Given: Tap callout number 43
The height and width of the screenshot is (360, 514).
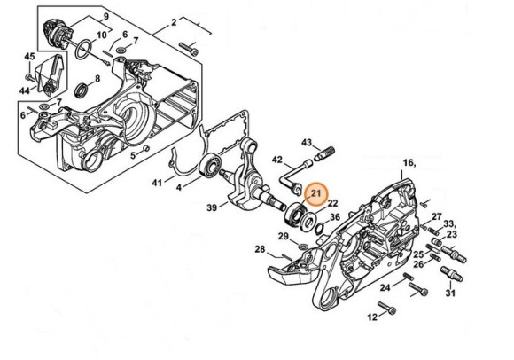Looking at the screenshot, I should (x=307, y=143).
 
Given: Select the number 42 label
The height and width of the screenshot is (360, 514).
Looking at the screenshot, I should (x=276, y=160).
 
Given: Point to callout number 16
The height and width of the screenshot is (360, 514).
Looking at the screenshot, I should (x=409, y=162).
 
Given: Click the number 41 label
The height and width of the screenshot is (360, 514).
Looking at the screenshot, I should (x=157, y=183).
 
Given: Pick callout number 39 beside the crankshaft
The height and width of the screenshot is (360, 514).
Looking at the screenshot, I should (x=212, y=207).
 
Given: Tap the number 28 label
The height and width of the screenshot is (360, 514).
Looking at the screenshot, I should (x=260, y=249).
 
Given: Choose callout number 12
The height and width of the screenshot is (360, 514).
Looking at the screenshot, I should (x=372, y=317).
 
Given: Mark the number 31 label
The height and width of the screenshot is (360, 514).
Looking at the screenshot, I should (x=450, y=294).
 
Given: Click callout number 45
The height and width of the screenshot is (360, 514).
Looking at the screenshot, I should (x=29, y=58).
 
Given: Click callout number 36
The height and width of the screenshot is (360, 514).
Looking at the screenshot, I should (x=334, y=217).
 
